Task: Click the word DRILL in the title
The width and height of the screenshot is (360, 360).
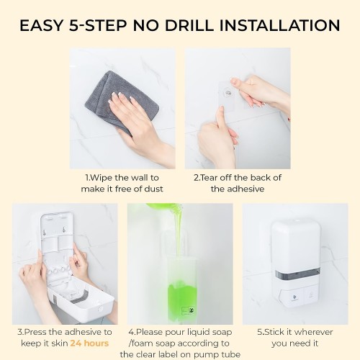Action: tap(189, 25)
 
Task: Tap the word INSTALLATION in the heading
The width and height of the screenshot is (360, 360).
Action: tap(280, 25)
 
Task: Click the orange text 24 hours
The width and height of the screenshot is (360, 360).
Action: tap(89, 343)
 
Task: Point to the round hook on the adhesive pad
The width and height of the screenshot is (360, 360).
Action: tap(228, 92)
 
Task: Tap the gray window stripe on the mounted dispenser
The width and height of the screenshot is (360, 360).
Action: tap(297, 274)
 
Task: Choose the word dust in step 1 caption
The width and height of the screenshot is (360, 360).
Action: tap(153, 189)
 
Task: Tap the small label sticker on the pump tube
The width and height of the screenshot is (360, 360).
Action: tap(188, 310)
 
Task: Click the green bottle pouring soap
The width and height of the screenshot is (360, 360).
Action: tap(164, 206)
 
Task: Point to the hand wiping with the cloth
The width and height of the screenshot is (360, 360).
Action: tap(139, 125)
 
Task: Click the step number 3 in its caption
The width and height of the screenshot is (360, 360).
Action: tap(20, 332)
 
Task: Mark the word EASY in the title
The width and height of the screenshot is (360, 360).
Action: tap(42, 25)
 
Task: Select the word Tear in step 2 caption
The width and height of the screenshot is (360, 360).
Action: tap(209, 178)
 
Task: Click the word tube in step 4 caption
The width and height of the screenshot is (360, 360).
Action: tap(231, 354)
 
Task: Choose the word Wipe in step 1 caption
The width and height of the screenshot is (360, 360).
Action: tap(102, 178)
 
